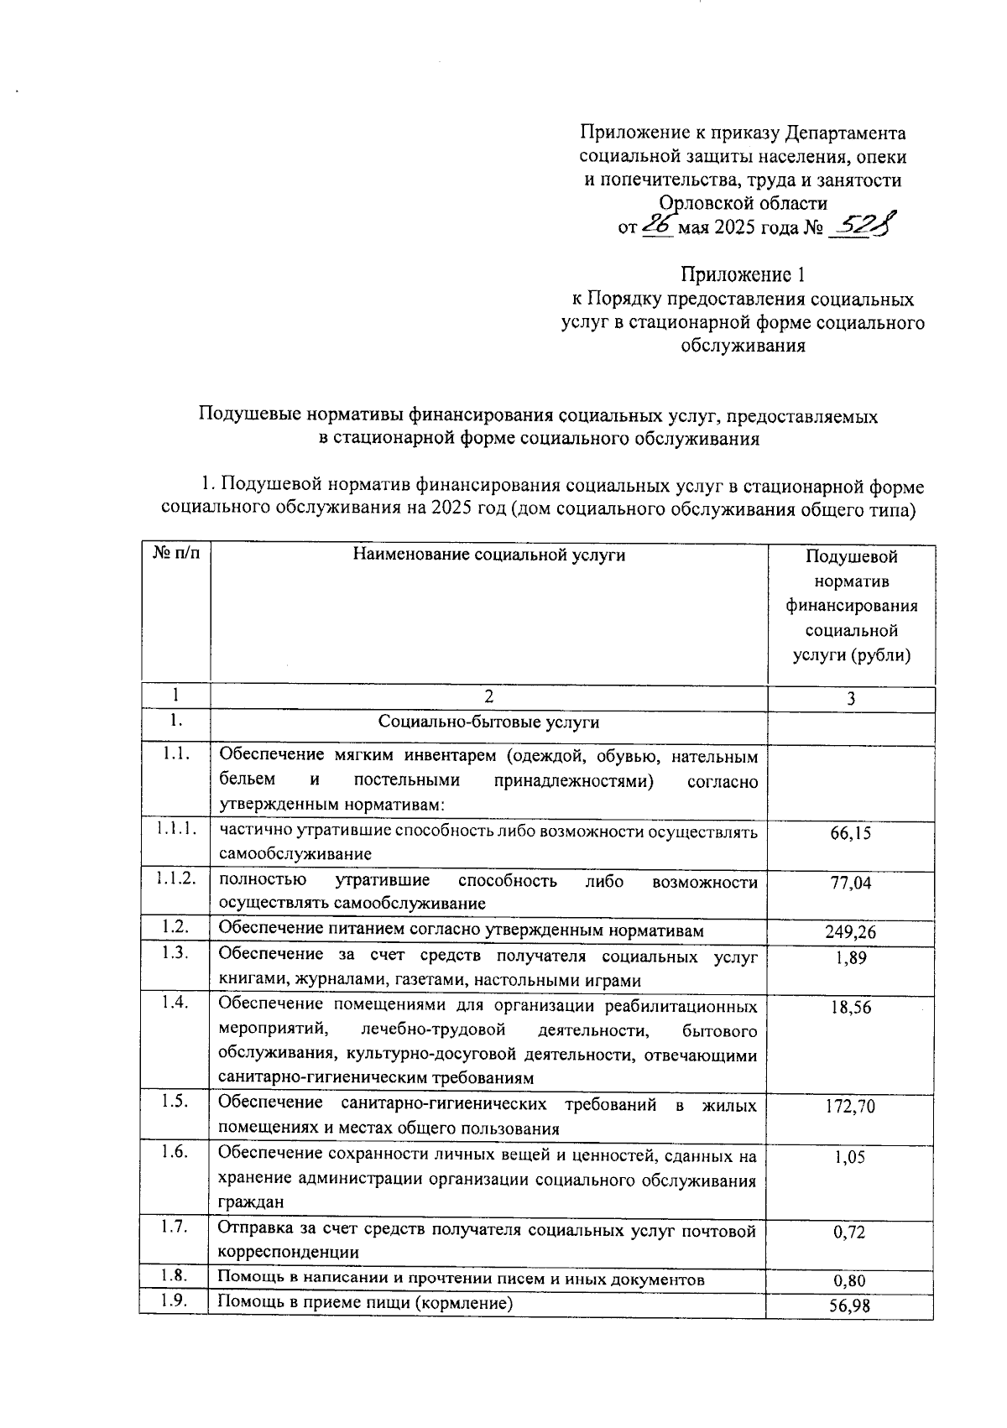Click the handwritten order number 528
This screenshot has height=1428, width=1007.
[863, 226]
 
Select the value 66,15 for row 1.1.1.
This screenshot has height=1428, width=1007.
[851, 833]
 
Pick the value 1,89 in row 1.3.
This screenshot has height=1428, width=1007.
[851, 958]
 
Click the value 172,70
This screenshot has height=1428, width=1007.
[851, 1107]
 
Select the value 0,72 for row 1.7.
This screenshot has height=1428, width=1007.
[851, 1233]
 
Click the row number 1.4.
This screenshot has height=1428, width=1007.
[175, 1002]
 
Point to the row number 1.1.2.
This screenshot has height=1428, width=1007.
[175, 878]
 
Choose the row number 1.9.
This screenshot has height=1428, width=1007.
[175, 1301]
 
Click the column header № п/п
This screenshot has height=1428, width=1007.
[175, 554]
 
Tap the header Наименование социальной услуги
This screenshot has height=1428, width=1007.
[488, 554]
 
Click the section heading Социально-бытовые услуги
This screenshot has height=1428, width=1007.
[488, 722]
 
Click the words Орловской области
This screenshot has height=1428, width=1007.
[743, 203]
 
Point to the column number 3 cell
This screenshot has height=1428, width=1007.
[851, 699]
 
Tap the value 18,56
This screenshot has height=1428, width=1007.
[851, 1008]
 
